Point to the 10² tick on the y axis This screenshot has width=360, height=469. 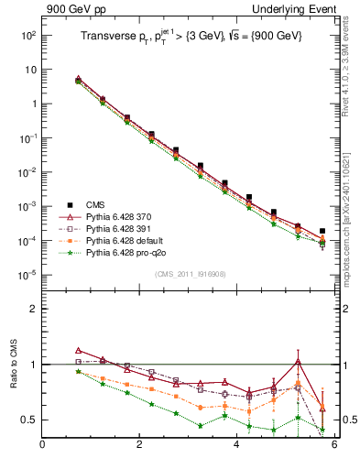27,35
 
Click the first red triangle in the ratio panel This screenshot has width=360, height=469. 78,351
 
